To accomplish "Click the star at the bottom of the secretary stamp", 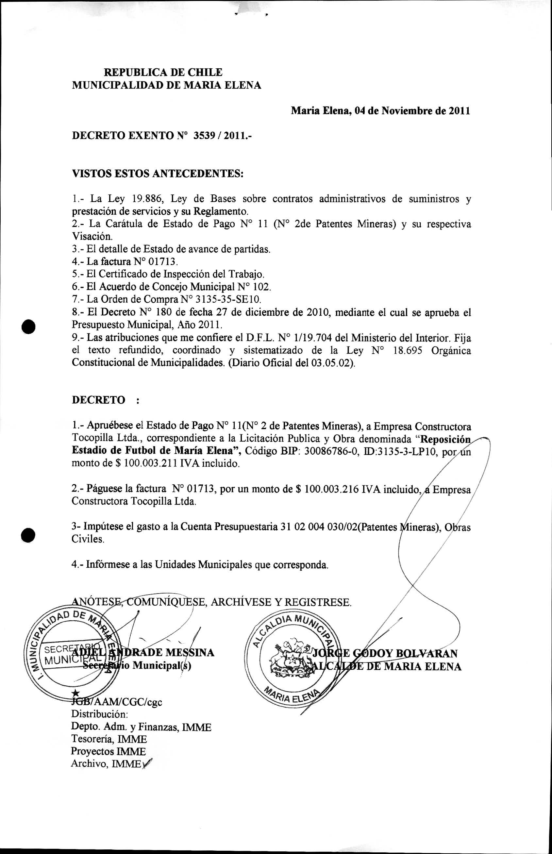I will pyautogui.click(x=75, y=693).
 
